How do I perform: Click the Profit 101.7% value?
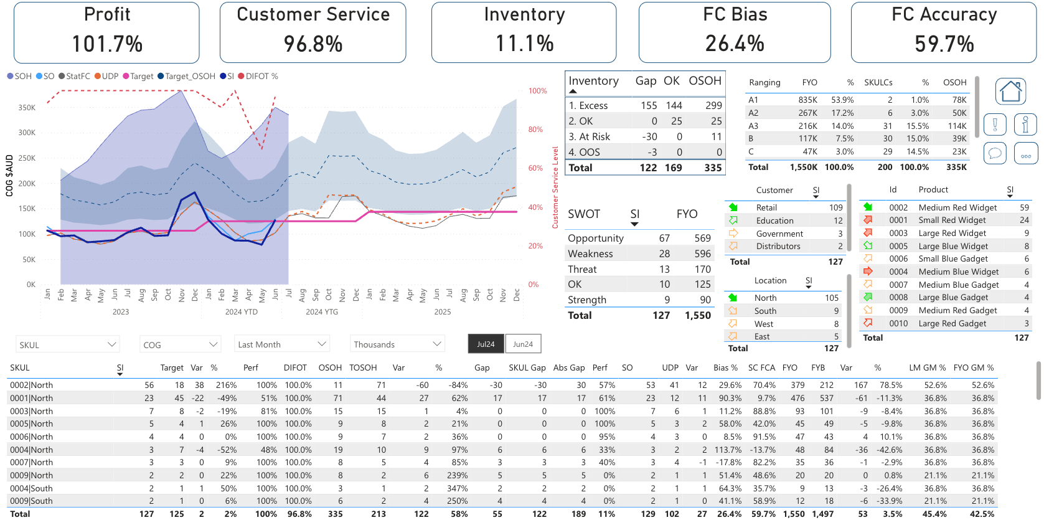(x=107, y=44)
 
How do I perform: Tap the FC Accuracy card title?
(x=944, y=14)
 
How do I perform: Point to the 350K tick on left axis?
(x=27, y=108)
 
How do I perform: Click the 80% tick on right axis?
(x=535, y=130)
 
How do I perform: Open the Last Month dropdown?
(x=282, y=344)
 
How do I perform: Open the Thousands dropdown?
(x=397, y=344)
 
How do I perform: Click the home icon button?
(x=1010, y=92)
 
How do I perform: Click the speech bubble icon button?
(x=995, y=153)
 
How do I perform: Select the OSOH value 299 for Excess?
(x=713, y=106)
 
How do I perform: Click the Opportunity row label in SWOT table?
(x=595, y=239)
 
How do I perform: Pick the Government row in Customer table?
(x=779, y=234)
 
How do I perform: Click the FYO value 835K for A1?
(x=807, y=100)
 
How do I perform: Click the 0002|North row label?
(x=32, y=385)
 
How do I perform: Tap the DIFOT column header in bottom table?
(x=295, y=367)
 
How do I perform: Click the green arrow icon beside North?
(x=733, y=298)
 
